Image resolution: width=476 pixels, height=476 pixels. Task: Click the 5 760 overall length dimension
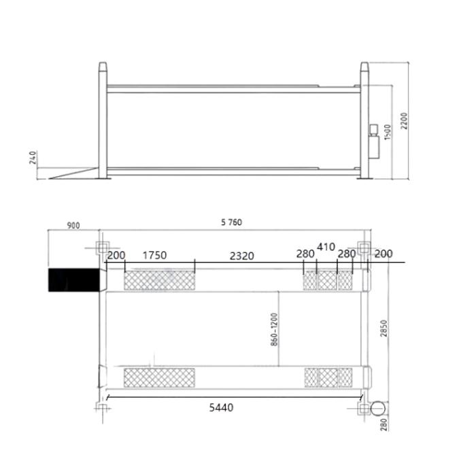tap(232, 222)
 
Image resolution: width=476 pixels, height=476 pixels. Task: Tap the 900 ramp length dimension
tap(73, 226)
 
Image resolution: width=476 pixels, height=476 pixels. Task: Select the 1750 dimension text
tap(154, 255)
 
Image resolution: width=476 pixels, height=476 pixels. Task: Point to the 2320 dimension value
tap(241, 256)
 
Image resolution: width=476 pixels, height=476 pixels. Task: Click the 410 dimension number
tap(326, 247)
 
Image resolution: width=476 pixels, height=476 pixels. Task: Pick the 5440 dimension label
tap(221, 407)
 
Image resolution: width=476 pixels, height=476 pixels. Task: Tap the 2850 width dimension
tap(384, 328)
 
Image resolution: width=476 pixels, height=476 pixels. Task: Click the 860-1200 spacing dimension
tap(274, 330)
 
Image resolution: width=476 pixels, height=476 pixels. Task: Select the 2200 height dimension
tap(404, 121)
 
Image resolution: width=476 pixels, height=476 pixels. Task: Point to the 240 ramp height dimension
tap(33, 157)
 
